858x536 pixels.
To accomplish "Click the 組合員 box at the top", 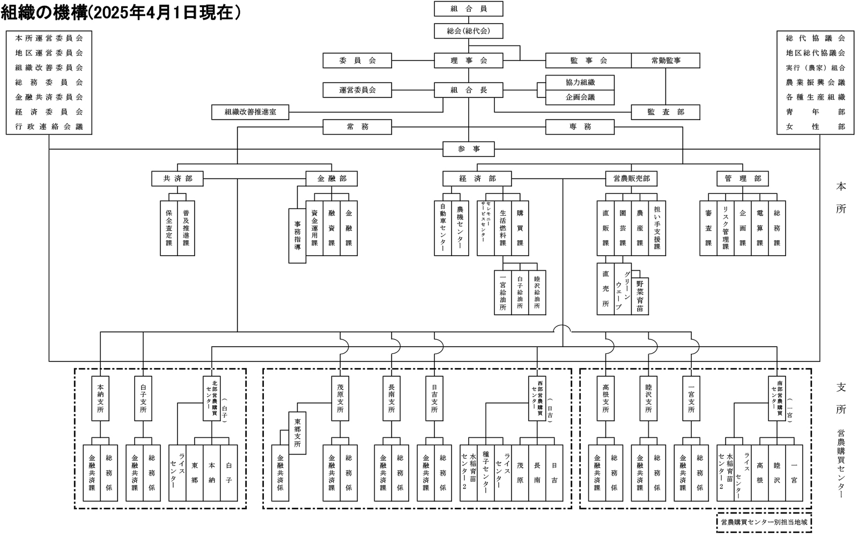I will point(468,9).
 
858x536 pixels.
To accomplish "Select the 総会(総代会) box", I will point(468,31).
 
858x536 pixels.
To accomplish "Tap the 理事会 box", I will point(468,61).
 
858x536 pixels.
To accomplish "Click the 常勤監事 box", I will point(665,61).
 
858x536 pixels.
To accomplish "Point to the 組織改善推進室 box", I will point(250,113).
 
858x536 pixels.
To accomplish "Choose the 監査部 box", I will point(665,113).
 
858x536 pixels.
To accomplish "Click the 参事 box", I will point(468,149).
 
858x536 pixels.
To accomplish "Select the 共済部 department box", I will point(177,178).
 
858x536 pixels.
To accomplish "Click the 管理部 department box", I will point(742,178).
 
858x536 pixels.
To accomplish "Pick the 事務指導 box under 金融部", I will point(297,235).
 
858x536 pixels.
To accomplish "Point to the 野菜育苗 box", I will point(640,296).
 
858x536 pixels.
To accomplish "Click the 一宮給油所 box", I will point(502,292).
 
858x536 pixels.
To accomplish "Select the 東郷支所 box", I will point(297,433).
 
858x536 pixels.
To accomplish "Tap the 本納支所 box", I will point(100,398).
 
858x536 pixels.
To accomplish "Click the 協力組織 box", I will point(580,83).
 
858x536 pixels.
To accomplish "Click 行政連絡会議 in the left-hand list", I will point(49,127).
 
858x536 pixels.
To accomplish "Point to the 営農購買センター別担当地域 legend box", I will point(764,522).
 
